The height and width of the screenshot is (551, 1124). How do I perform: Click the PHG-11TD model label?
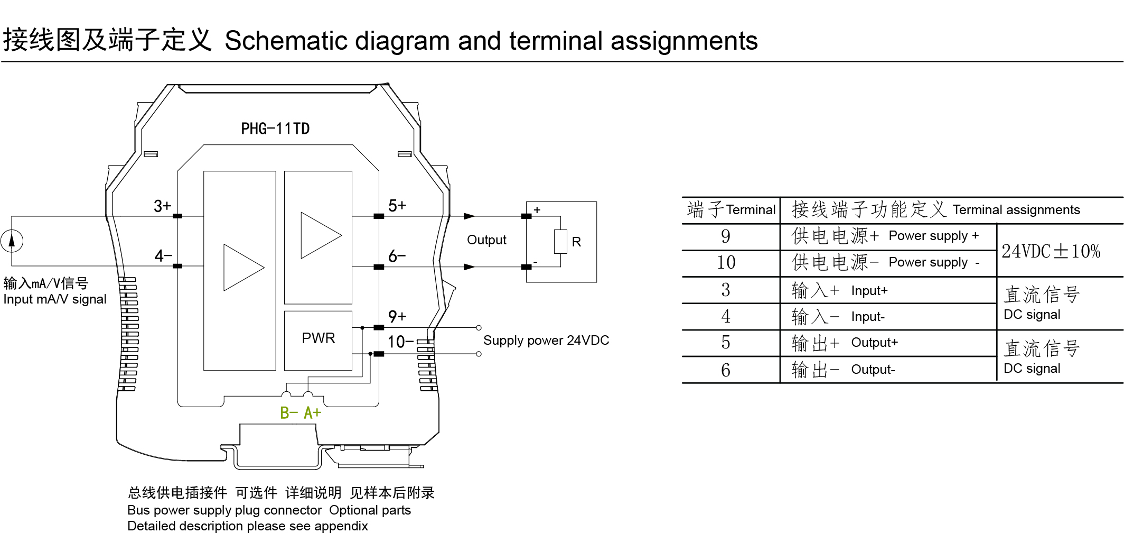click(x=275, y=128)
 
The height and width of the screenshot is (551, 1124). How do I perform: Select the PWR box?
click(x=318, y=338)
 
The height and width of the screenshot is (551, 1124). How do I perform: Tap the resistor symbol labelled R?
click(x=560, y=242)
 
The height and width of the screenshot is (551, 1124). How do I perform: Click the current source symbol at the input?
click(x=12, y=241)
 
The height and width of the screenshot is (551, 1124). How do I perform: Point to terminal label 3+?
click(x=162, y=206)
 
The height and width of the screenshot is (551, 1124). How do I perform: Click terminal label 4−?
click(x=163, y=256)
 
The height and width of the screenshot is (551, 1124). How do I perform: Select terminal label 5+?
click(x=397, y=206)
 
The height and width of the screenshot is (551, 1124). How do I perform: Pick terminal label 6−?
click(x=397, y=256)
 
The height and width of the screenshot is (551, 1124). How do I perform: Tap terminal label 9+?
click(x=397, y=316)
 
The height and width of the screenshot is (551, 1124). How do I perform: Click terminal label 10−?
click(x=400, y=342)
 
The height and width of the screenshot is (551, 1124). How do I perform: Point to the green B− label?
click(x=289, y=413)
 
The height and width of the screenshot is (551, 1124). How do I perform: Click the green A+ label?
click(x=312, y=413)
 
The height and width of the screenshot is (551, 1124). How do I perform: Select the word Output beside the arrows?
click(x=486, y=240)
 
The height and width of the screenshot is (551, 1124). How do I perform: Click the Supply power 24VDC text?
click(x=546, y=341)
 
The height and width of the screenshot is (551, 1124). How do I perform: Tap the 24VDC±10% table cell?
click(x=1051, y=251)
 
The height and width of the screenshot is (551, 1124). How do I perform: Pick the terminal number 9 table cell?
click(x=726, y=236)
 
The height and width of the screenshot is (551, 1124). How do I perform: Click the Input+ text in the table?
click(x=869, y=291)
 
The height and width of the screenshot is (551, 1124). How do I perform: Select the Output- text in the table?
click(x=873, y=370)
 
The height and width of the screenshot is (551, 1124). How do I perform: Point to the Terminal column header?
click(x=751, y=210)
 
